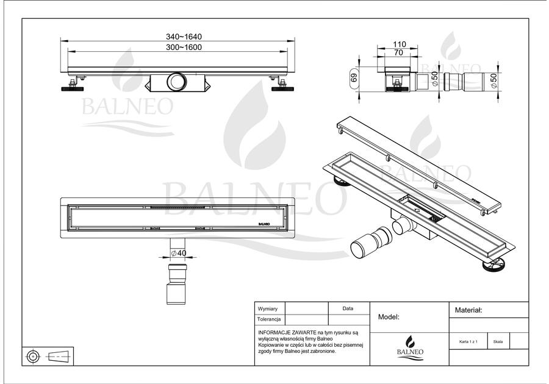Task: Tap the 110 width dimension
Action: pyautogui.click(x=399, y=44)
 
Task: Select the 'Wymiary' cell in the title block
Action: pyautogui.click(x=269, y=309)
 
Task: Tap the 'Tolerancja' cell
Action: pyautogui.click(x=269, y=319)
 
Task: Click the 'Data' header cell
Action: pyautogui.click(x=348, y=309)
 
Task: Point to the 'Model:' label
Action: pyautogui.click(x=389, y=317)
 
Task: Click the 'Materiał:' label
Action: pyautogui.click(x=468, y=310)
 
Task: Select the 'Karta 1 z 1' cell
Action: pyautogui.click(x=468, y=342)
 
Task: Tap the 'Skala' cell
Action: pyautogui.click(x=498, y=342)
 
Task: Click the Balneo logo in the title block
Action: pyautogui.click(x=410, y=345)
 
